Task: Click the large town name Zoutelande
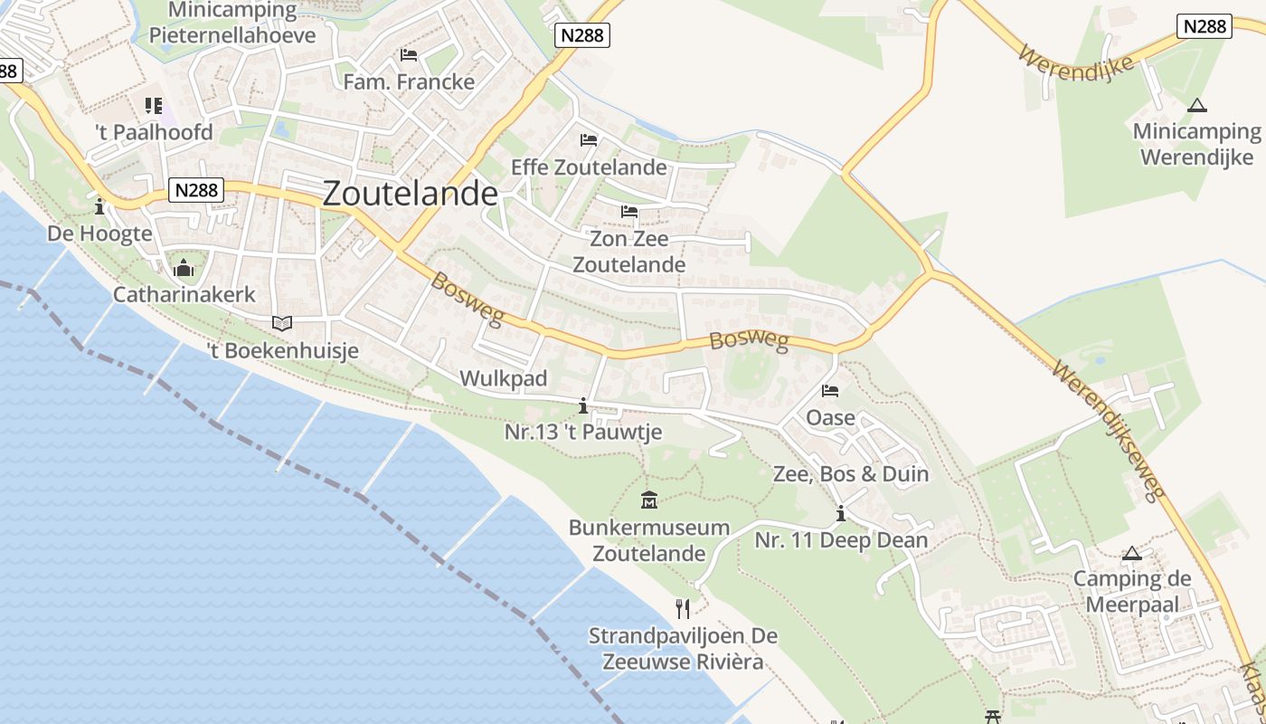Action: [x=410, y=193]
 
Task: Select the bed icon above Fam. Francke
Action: [x=409, y=56]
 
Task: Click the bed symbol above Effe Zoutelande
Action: [x=589, y=140]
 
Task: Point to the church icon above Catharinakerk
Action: [x=184, y=268]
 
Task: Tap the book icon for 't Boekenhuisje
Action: [x=282, y=323]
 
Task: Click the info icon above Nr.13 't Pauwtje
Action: [x=583, y=405]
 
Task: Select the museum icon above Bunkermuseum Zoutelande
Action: [x=649, y=500]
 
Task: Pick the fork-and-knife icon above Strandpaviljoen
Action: [x=683, y=608]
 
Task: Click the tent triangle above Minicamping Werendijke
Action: [x=1197, y=105]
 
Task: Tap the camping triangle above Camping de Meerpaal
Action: [x=1131, y=553]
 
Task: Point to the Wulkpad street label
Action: [x=504, y=378]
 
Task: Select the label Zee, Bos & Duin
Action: [x=851, y=473]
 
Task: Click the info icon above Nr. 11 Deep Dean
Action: [x=841, y=514]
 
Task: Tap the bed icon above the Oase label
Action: [x=830, y=391]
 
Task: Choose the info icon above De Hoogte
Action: [x=99, y=207]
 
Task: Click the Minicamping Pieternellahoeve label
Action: [x=232, y=23]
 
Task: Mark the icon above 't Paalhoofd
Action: [x=153, y=106]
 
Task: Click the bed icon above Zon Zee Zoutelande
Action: [x=629, y=213]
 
